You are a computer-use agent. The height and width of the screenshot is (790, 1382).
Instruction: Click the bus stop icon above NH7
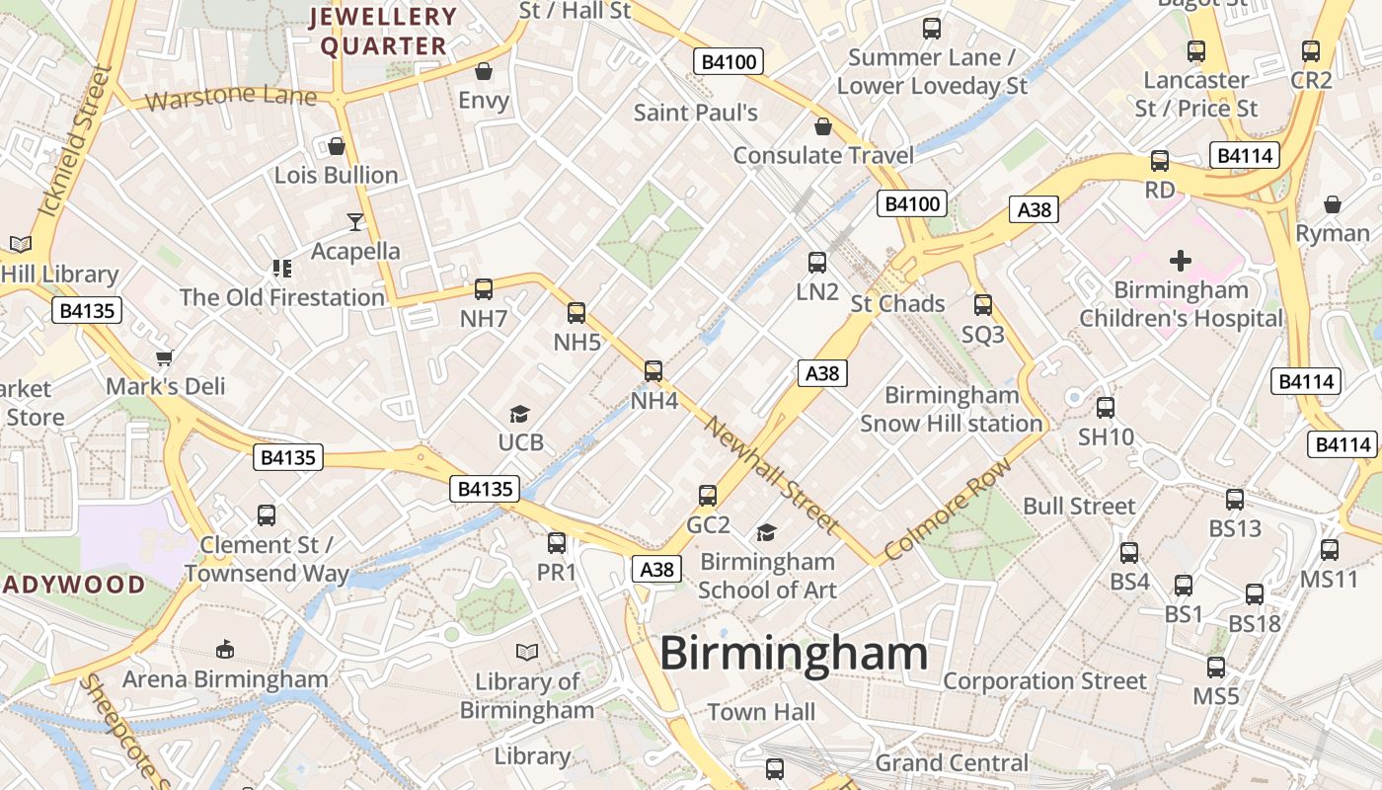click(x=484, y=289)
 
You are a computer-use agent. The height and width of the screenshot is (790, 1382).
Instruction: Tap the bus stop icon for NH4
click(x=653, y=371)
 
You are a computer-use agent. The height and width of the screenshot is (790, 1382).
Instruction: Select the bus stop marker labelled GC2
click(x=708, y=496)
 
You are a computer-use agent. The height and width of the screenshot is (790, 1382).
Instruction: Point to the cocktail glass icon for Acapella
click(x=355, y=222)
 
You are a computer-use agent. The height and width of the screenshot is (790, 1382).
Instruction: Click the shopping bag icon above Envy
click(x=484, y=71)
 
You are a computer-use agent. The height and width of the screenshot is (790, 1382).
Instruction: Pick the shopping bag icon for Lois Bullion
click(x=337, y=147)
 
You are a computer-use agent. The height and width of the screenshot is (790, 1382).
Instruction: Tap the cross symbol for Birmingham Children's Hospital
click(x=1180, y=261)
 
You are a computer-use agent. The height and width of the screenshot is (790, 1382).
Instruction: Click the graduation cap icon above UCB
click(x=519, y=414)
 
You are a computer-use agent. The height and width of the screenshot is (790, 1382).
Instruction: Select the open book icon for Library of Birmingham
click(x=527, y=653)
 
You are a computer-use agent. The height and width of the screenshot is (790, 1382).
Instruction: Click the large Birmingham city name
click(x=794, y=654)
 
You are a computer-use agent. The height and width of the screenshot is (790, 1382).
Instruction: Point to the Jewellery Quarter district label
click(x=384, y=32)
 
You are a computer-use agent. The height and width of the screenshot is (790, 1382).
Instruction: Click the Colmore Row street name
click(x=948, y=510)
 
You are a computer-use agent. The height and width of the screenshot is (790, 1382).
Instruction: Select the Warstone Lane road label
click(x=231, y=98)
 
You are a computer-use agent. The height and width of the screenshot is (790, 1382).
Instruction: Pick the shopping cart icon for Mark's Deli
click(x=165, y=357)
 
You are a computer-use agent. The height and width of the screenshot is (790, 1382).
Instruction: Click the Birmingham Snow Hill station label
click(x=951, y=409)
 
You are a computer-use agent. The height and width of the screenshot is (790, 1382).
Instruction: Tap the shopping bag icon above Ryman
click(x=1332, y=204)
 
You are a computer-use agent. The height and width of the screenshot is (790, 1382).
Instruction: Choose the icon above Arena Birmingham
click(x=225, y=650)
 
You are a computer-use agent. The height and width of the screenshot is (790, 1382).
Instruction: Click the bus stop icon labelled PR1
click(x=557, y=543)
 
